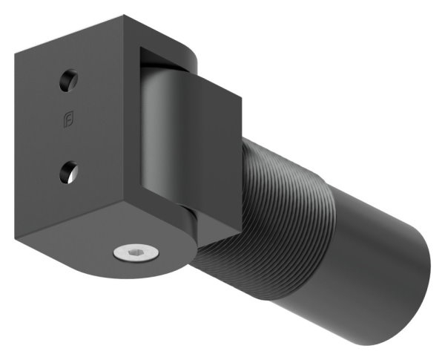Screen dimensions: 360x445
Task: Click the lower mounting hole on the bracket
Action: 67,172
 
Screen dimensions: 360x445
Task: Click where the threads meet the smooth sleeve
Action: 332,223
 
